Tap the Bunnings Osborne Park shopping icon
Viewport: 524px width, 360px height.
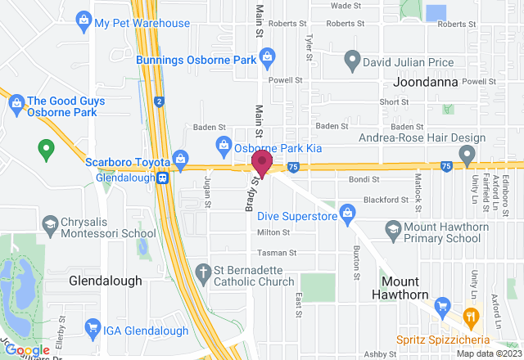[x=267, y=56]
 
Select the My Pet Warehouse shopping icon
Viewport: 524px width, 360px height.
[x=82, y=19]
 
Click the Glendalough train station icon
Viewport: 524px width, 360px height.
[x=164, y=176]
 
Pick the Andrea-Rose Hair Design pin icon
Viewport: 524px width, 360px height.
[x=467, y=153]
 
